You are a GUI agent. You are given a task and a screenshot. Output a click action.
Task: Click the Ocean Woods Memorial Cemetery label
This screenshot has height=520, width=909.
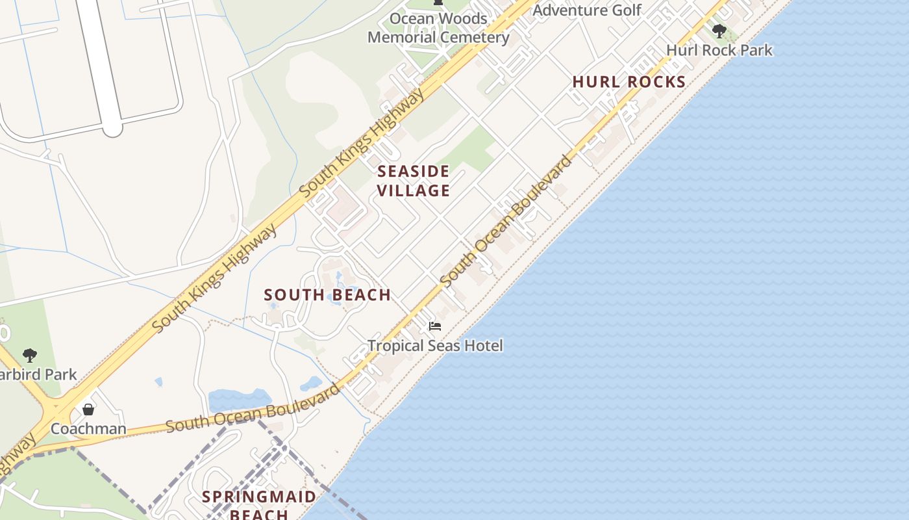(x=438, y=28)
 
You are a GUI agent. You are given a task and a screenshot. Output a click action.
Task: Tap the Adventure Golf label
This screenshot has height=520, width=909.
(x=586, y=10)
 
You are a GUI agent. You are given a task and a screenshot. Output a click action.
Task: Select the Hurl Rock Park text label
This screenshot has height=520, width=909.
(x=719, y=50)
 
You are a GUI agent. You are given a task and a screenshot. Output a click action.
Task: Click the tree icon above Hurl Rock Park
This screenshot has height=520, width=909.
(x=719, y=31)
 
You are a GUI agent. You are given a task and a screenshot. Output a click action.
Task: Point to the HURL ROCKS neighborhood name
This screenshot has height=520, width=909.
(x=629, y=82)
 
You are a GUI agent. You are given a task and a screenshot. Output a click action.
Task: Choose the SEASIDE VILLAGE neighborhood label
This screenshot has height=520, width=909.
(x=414, y=181)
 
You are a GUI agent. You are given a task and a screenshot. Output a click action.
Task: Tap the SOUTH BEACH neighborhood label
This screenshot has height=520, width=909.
(x=327, y=295)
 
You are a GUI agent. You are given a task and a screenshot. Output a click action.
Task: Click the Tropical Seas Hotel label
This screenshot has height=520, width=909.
(x=435, y=345)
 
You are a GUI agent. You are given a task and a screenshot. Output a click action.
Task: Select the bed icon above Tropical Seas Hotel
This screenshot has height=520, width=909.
(x=435, y=326)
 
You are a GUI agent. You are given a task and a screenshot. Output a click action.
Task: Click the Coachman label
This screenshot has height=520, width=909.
(x=88, y=428)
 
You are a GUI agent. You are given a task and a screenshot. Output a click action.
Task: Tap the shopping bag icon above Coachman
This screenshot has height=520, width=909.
(x=88, y=409)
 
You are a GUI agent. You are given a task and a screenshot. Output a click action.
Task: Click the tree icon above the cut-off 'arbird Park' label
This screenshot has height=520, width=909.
(x=29, y=355)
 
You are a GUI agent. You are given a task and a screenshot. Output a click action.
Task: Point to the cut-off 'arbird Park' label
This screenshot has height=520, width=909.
(x=38, y=374)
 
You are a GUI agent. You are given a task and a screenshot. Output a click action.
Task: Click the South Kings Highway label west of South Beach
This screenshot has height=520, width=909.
(x=214, y=279)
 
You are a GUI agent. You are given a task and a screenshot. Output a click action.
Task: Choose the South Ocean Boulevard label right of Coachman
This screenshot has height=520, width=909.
(x=253, y=408)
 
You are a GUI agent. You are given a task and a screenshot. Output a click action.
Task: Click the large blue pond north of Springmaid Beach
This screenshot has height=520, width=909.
(x=239, y=399)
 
